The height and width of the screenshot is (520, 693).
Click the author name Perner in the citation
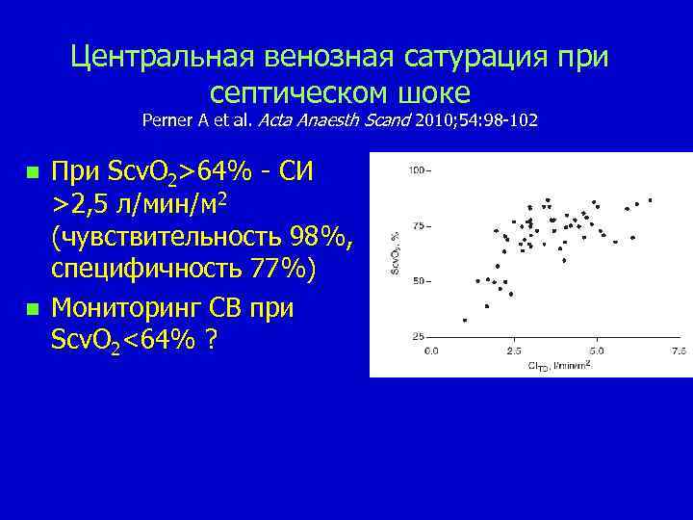coord(168,121)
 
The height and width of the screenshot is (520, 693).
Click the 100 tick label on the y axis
coord(417,170)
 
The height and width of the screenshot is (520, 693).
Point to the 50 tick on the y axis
coord(419,281)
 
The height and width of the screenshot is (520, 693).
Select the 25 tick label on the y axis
coord(419,337)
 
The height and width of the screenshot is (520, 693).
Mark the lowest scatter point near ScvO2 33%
coord(465,320)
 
